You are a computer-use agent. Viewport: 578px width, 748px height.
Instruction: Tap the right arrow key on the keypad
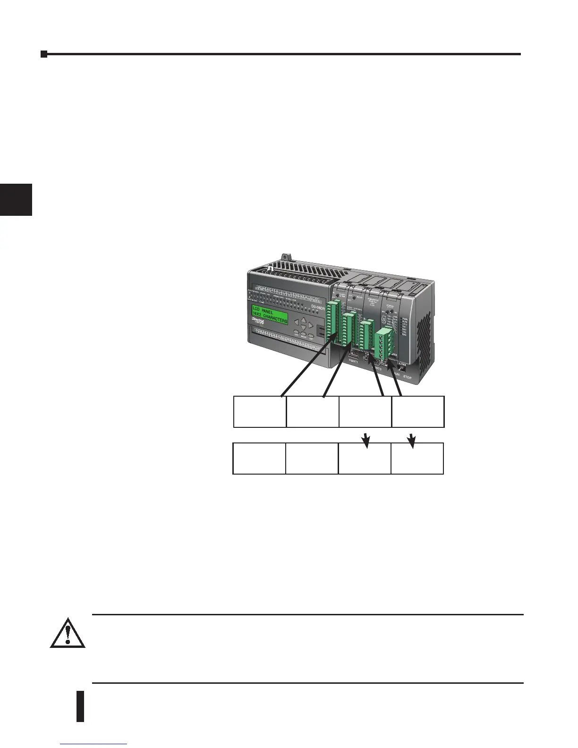coord(311,325)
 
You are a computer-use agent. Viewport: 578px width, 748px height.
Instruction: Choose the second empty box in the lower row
coord(312,458)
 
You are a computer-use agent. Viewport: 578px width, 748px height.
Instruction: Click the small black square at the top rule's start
coord(44,54)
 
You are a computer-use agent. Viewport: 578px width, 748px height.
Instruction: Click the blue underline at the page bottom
coord(94,745)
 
